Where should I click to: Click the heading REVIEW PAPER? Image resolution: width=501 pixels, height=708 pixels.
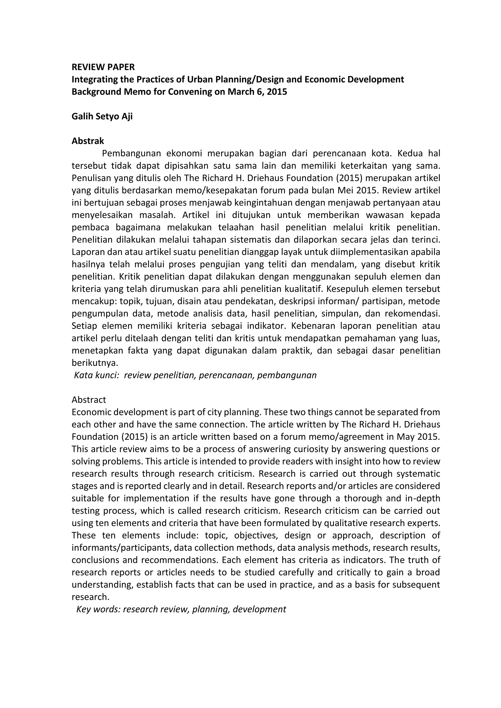click(x=103, y=67)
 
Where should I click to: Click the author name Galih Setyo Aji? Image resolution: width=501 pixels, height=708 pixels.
click(x=102, y=117)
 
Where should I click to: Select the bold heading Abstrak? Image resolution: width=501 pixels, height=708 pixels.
click(x=88, y=141)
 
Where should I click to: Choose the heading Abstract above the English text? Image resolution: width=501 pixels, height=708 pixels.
click(x=89, y=400)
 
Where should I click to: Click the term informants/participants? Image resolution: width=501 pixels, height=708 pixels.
click(x=121, y=548)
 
